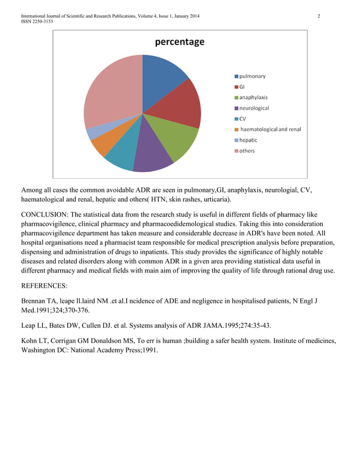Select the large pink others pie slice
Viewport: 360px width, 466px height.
point(110,93)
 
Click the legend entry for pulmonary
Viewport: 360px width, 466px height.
point(252,76)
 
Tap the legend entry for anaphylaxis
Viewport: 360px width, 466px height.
point(253,97)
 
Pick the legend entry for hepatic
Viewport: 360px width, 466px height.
point(248,140)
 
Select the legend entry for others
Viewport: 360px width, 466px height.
point(246,151)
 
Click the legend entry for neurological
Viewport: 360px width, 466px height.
point(253,108)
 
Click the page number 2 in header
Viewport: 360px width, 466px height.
point(319,16)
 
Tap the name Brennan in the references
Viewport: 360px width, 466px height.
point(36,301)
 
